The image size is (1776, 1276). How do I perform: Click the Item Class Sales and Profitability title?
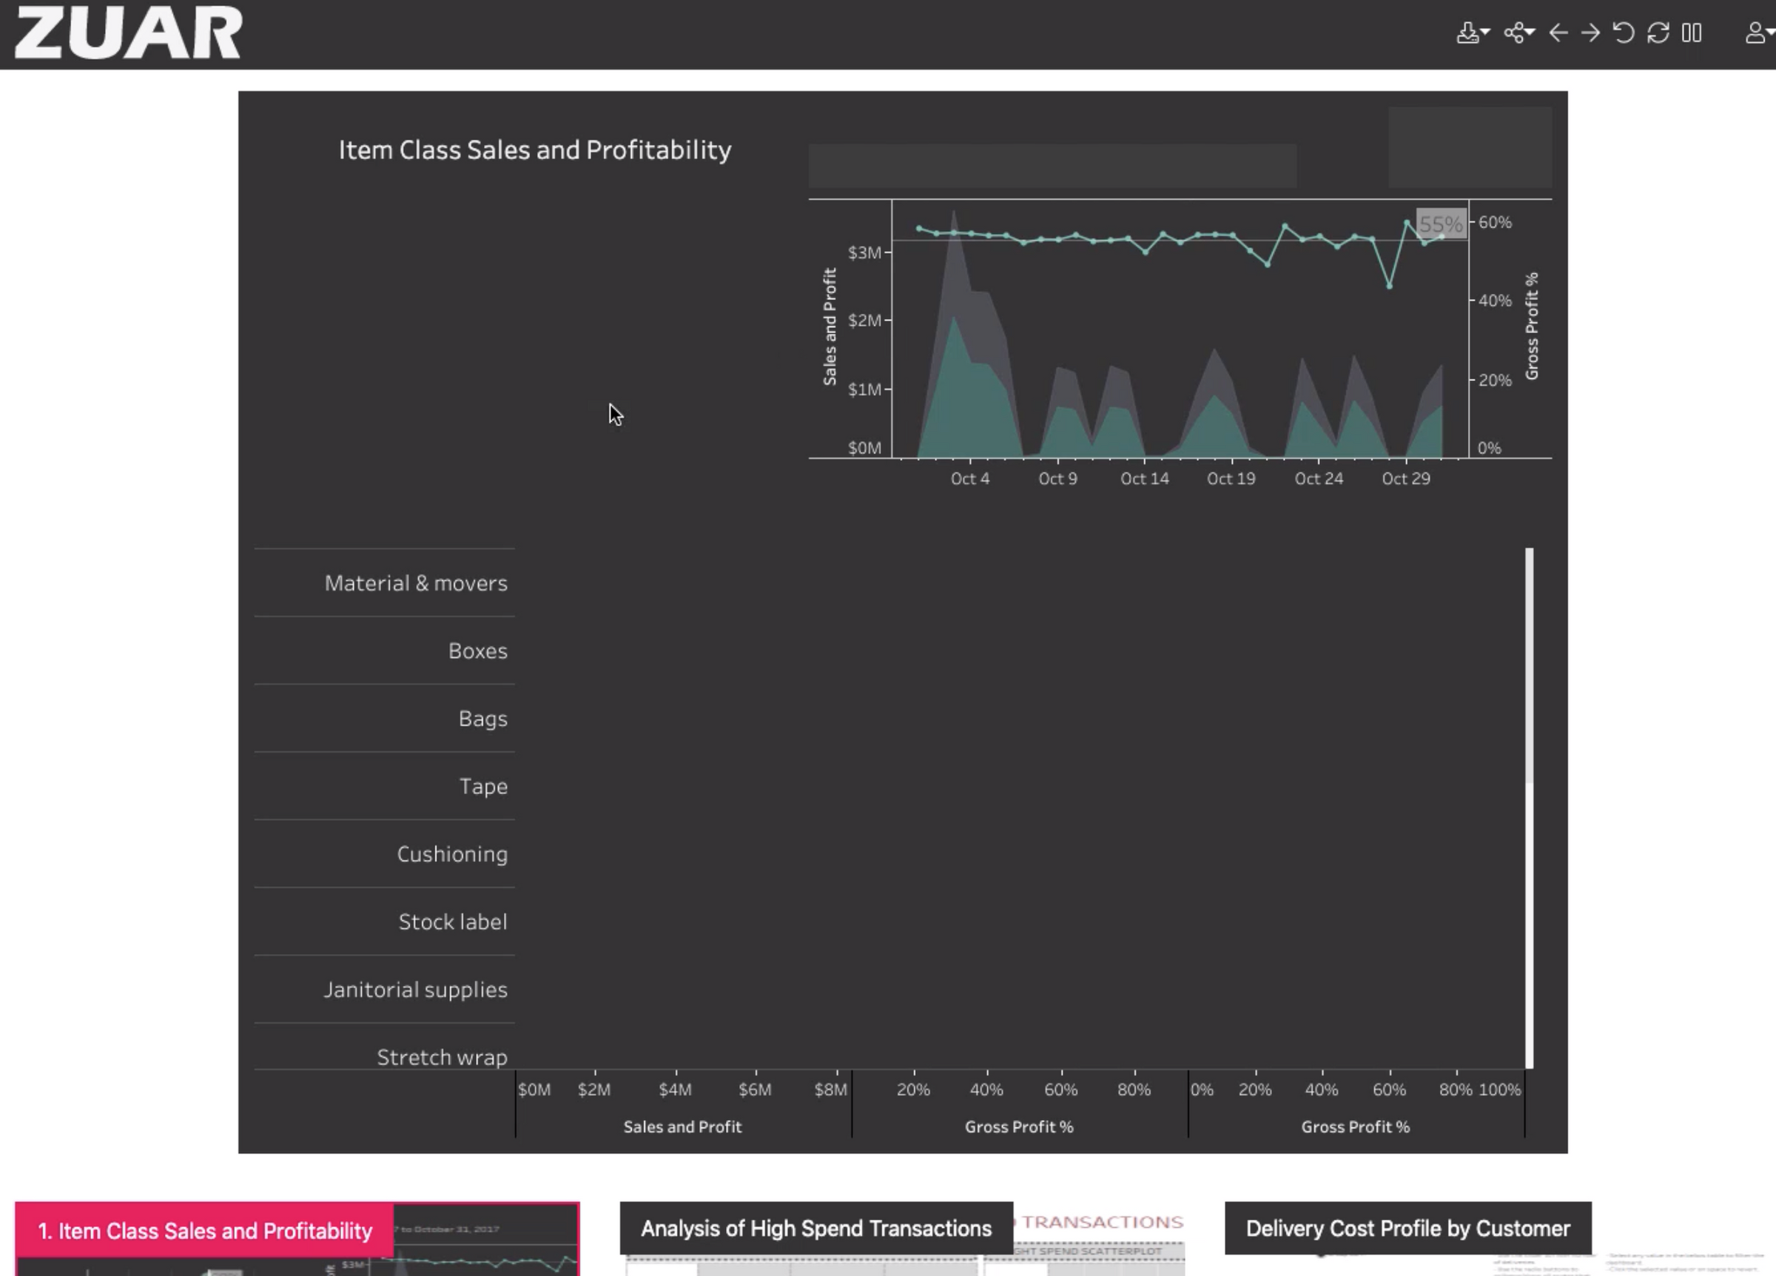(534, 150)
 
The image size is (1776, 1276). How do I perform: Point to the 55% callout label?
(1440, 225)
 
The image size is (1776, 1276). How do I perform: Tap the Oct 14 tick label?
(1144, 479)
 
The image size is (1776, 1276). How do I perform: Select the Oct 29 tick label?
(1405, 479)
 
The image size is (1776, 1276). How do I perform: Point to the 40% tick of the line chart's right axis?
(1494, 300)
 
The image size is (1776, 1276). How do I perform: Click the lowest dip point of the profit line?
(1389, 286)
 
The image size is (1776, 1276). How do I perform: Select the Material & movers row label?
(416, 583)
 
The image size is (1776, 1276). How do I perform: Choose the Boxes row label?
(478, 651)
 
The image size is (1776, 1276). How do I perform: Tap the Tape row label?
(483, 787)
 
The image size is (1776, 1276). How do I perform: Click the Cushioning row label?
(452, 854)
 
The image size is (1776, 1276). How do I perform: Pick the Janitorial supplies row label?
(415, 990)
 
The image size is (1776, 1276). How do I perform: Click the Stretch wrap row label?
(442, 1058)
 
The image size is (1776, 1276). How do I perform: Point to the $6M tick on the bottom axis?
(755, 1089)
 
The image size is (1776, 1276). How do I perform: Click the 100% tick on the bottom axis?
(1498, 1089)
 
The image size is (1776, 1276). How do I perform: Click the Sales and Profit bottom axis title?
(682, 1126)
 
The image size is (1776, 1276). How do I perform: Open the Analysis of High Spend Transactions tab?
(816, 1228)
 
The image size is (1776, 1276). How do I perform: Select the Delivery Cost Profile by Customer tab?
(1407, 1228)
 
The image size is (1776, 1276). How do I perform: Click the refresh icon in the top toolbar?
(1657, 33)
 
